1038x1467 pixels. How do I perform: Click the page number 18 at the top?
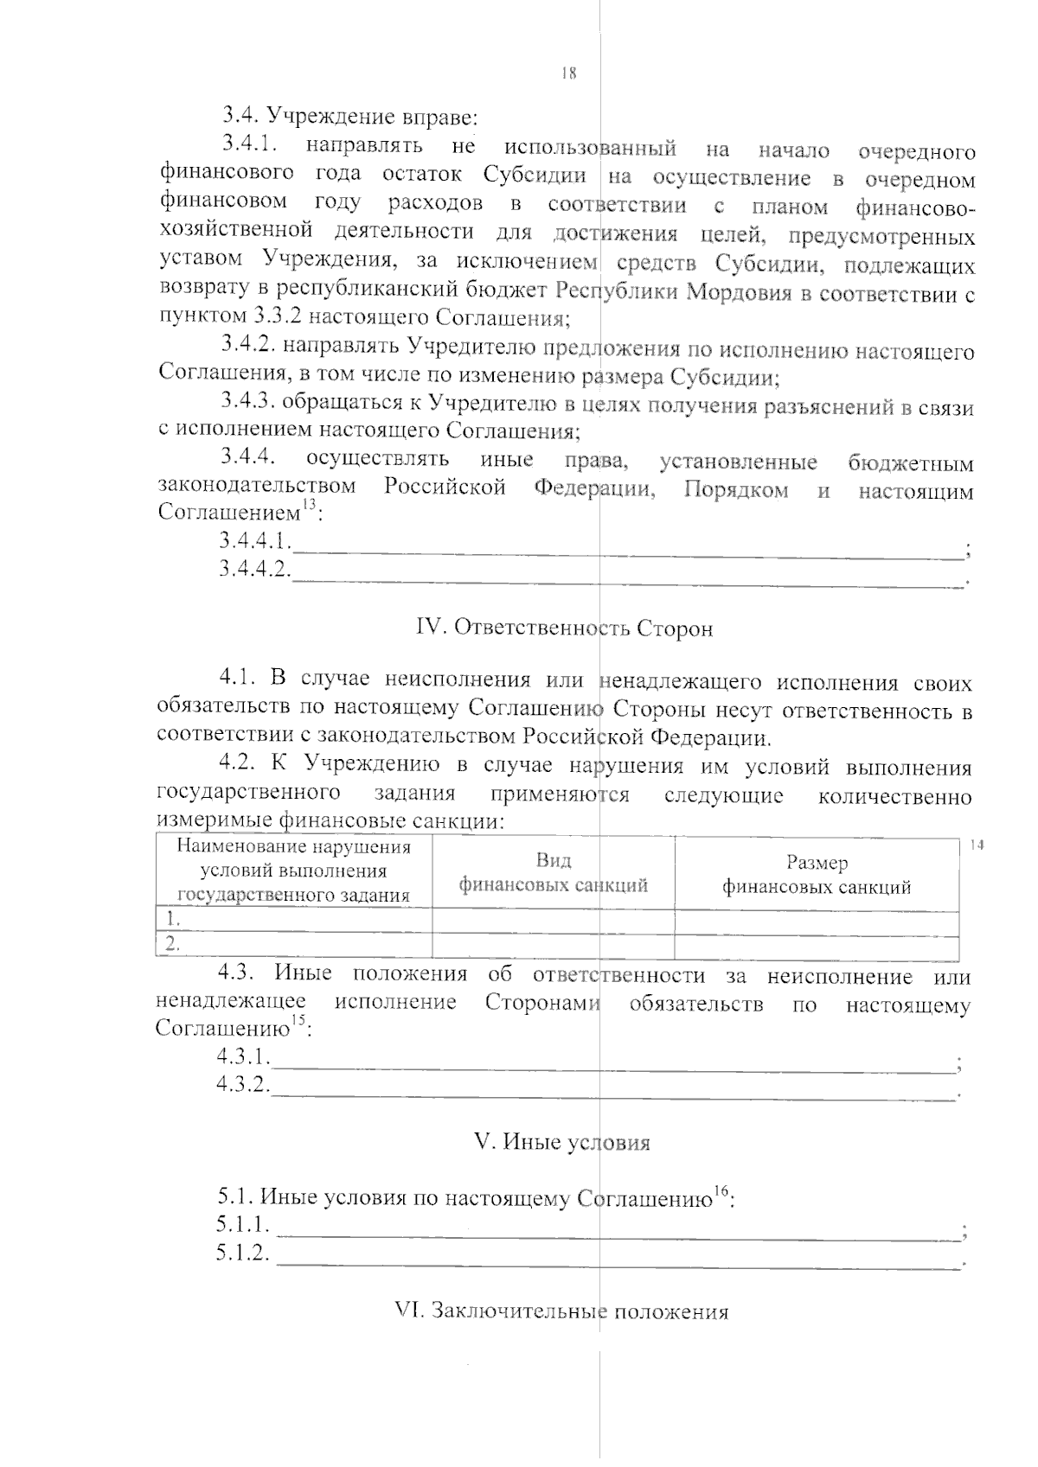coord(568,74)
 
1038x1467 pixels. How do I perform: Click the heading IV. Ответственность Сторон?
coord(565,628)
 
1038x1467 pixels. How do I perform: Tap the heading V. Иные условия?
coord(562,1142)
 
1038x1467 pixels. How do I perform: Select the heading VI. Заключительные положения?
coord(561,1311)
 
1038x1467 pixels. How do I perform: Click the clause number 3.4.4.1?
coord(253,542)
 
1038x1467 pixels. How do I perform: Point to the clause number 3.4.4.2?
coord(253,570)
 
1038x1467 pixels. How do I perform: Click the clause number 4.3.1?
coord(243,1056)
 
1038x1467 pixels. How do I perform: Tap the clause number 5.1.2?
coord(243,1253)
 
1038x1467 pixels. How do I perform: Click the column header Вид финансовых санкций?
coord(553,873)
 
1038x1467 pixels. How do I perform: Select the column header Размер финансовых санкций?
coord(817,874)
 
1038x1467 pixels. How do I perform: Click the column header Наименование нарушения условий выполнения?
coord(294,871)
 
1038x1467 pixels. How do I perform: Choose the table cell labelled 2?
coord(173,946)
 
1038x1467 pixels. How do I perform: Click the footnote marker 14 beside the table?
coord(977,845)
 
